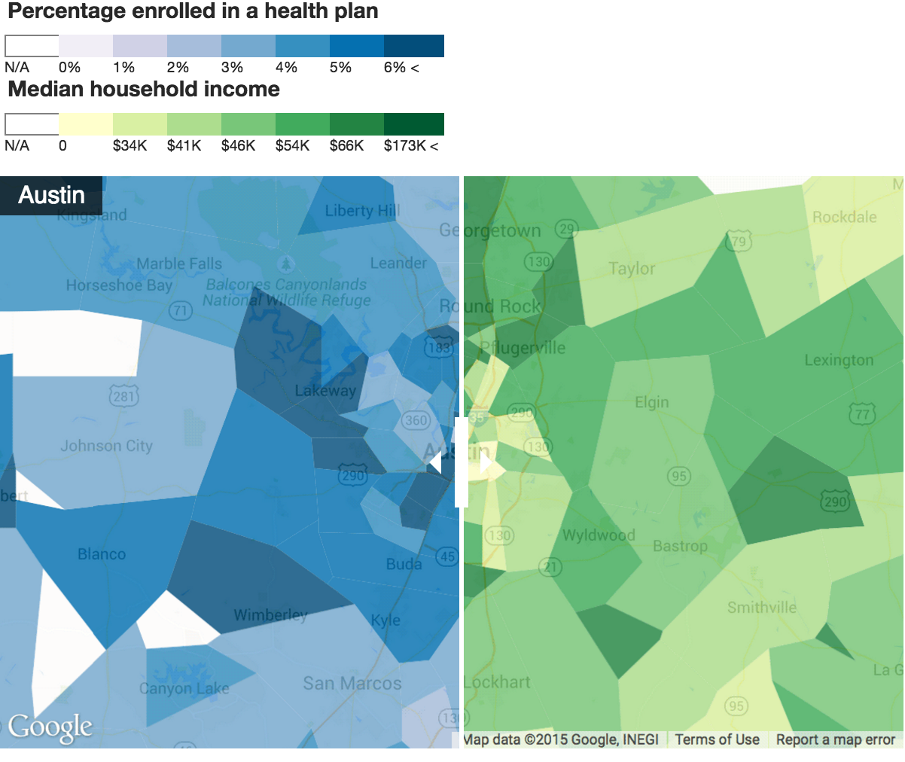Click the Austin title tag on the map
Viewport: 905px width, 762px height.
51,196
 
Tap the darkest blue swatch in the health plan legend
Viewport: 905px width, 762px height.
413,46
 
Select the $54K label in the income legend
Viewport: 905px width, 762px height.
292,145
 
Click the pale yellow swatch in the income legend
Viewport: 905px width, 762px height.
85,124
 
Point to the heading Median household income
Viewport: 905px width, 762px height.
144,90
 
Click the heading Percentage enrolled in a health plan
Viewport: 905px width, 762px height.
193,11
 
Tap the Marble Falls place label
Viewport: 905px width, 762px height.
179,264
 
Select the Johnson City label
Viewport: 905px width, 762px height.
106,446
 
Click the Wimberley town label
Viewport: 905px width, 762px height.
270,615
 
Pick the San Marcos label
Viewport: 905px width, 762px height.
352,683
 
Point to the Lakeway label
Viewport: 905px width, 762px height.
325,390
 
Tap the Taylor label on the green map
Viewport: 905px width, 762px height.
632,269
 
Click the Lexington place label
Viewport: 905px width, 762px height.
839,360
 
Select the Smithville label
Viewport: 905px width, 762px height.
761,607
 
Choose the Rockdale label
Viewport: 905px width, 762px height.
844,217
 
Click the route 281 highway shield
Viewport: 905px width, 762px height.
123,396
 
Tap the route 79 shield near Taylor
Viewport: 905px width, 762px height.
739,242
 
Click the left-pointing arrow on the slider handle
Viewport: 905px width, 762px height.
435,462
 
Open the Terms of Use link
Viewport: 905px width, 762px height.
717,739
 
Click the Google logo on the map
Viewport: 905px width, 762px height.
50,728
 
